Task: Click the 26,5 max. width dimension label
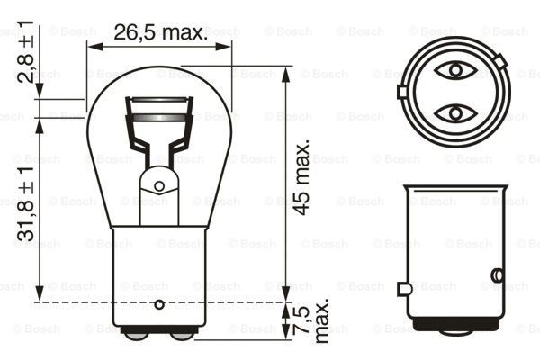pyautogui.click(x=159, y=33)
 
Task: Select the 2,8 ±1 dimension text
pyautogui.click(x=32, y=56)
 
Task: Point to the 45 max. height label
pyautogui.click(x=303, y=176)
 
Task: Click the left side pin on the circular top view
pyautogui.click(x=402, y=91)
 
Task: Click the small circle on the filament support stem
pyautogui.click(x=159, y=186)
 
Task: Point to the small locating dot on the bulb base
pyautogui.click(x=160, y=302)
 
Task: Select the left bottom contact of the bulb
pyautogui.click(x=136, y=336)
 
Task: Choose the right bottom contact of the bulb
pyautogui.click(x=183, y=336)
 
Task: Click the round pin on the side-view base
pyautogui.click(x=497, y=274)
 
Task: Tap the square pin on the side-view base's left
pyautogui.click(x=404, y=288)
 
